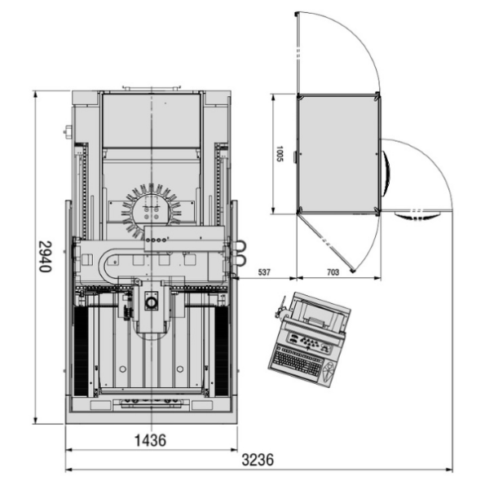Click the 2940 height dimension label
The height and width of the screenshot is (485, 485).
[45, 257]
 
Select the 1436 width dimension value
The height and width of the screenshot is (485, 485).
[151, 440]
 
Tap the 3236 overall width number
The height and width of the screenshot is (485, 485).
[258, 460]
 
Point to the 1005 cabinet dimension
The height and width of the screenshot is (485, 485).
[280, 154]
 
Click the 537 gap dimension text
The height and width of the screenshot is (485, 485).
[264, 272]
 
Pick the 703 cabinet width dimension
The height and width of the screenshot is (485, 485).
[333, 272]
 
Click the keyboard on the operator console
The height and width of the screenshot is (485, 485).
[297, 362]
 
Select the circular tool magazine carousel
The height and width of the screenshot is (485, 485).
[152, 210]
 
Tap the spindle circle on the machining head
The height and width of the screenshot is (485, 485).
[152, 302]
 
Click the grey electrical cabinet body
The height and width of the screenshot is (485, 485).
[339, 154]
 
